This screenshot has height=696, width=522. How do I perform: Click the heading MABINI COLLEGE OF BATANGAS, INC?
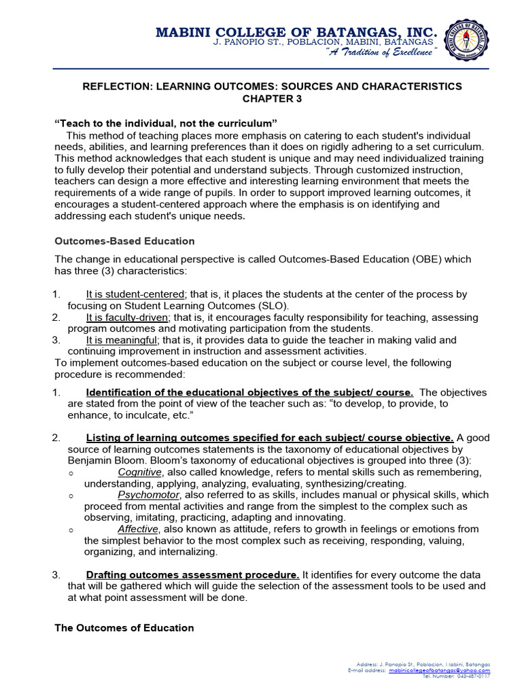click(x=296, y=32)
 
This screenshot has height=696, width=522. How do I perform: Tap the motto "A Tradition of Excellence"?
click(x=381, y=54)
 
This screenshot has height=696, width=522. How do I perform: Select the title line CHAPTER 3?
click(x=272, y=99)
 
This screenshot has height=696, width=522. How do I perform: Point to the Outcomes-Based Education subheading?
click(x=124, y=241)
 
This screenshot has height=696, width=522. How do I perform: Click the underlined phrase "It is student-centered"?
click(x=135, y=294)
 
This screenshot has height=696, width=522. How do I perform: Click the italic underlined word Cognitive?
click(x=139, y=472)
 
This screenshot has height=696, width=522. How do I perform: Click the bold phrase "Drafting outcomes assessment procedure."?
click(x=192, y=575)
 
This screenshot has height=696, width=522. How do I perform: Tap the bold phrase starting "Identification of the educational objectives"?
click(x=249, y=392)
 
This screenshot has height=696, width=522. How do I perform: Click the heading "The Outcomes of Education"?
click(x=124, y=627)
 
